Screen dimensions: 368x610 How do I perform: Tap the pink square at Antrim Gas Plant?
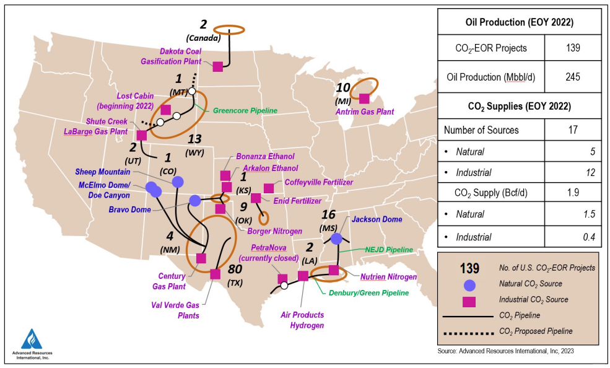point(364,99)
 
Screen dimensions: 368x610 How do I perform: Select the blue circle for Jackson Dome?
point(336,239)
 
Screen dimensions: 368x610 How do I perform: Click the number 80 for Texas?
point(236,270)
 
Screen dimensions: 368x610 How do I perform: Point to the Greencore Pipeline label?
point(245,112)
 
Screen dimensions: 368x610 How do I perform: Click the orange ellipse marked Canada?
point(229,29)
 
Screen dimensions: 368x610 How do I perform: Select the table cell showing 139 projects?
point(572,48)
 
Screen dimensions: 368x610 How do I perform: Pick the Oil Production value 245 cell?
point(572,77)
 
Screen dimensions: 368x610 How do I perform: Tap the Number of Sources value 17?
point(572,130)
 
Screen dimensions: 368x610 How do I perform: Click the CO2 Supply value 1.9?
point(572,193)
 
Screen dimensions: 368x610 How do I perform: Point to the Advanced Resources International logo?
point(31,343)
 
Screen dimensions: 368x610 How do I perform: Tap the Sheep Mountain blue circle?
point(178,182)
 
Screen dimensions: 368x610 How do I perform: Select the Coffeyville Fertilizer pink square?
point(268,188)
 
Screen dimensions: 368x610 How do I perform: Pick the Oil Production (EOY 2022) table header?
point(519,22)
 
